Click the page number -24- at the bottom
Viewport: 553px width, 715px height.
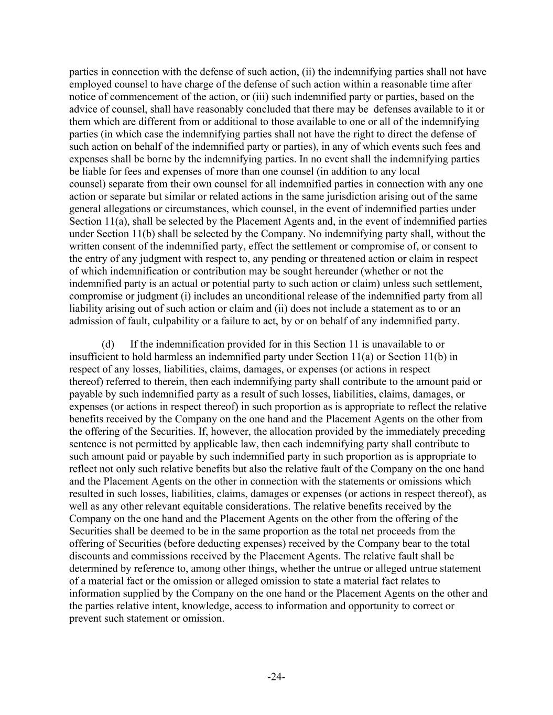point(276,677)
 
